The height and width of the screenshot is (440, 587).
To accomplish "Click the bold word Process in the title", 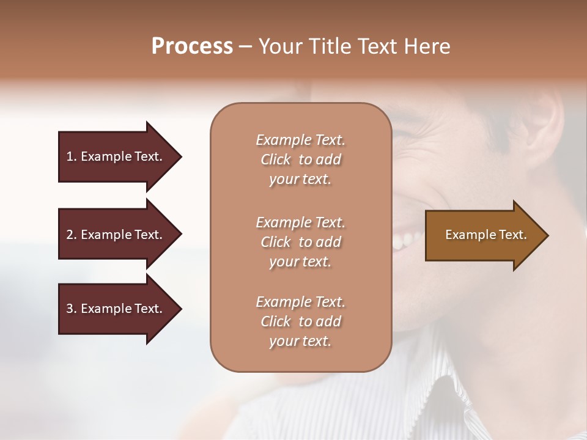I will pyautogui.click(x=192, y=46).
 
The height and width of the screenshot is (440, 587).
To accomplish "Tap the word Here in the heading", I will pyautogui.click(x=426, y=46).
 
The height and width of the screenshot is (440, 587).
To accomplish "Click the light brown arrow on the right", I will pyautogui.click(x=483, y=235).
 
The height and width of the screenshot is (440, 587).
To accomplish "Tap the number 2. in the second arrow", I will pyautogui.click(x=70, y=235).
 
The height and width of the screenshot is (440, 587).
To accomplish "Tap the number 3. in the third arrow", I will pyautogui.click(x=70, y=309).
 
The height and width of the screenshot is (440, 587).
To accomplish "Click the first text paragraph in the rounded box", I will pyautogui.click(x=300, y=159).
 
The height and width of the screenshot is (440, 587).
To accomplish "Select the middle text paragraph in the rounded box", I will pyautogui.click(x=300, y=242).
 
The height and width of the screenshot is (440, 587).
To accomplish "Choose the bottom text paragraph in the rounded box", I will pyautogui.click(x=300, y=321).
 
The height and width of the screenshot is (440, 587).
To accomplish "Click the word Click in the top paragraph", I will pyautogui.click(x=276, y=159).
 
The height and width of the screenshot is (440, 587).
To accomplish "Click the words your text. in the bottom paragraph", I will pyautogui.click(x=300, y=341).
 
